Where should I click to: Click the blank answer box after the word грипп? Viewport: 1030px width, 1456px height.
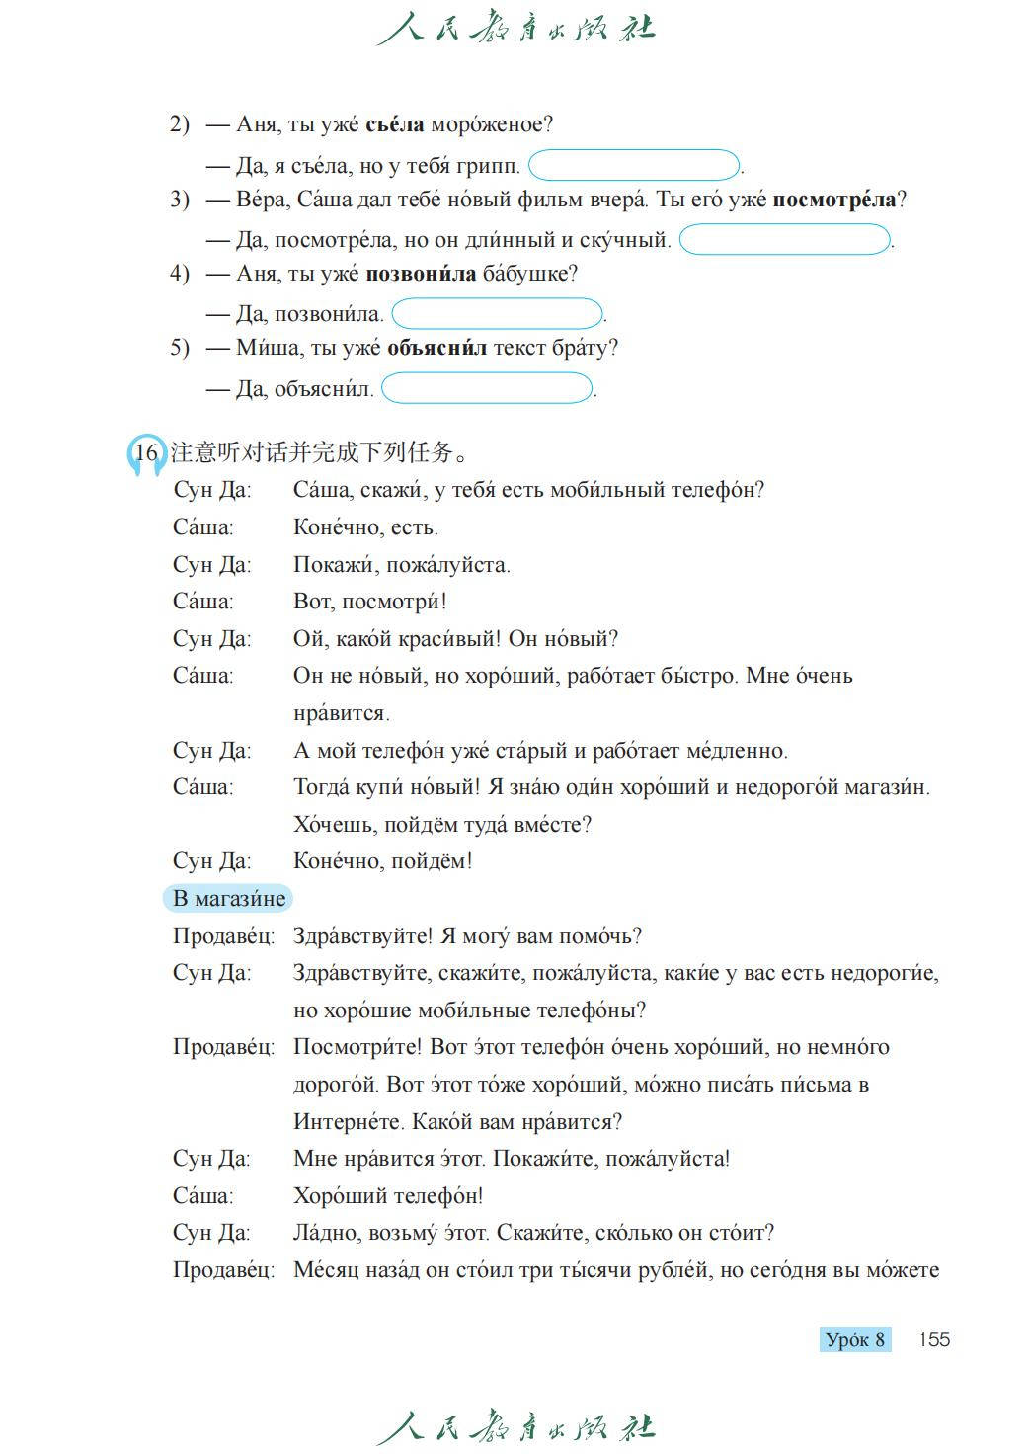pos(634,165)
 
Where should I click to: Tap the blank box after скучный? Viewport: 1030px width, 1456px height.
pos(785,239)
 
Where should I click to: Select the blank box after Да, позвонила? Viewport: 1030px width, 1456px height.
pos(497,314)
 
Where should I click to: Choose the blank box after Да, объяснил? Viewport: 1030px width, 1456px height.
pos(487,388)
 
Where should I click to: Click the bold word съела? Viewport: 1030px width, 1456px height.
pos(394,124)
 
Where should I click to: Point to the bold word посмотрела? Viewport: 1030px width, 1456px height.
pos(833,200)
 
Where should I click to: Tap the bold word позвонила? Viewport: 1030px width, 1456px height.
pos(421,274)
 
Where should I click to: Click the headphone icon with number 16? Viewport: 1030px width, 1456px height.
pos(146,453)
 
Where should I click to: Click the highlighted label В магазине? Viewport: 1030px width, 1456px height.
pos(228,898)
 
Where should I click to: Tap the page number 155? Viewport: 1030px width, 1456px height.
pos(933,1339)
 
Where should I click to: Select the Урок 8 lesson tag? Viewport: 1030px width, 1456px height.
pos(855,1339)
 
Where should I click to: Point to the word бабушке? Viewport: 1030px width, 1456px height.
pos(529,274)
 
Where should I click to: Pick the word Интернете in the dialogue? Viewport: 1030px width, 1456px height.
pos(348,1122)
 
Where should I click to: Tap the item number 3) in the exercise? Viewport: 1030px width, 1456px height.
pos(179,200)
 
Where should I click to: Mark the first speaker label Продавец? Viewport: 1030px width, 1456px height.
pos(223,936)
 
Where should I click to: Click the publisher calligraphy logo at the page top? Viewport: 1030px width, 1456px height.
pos(515,28)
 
